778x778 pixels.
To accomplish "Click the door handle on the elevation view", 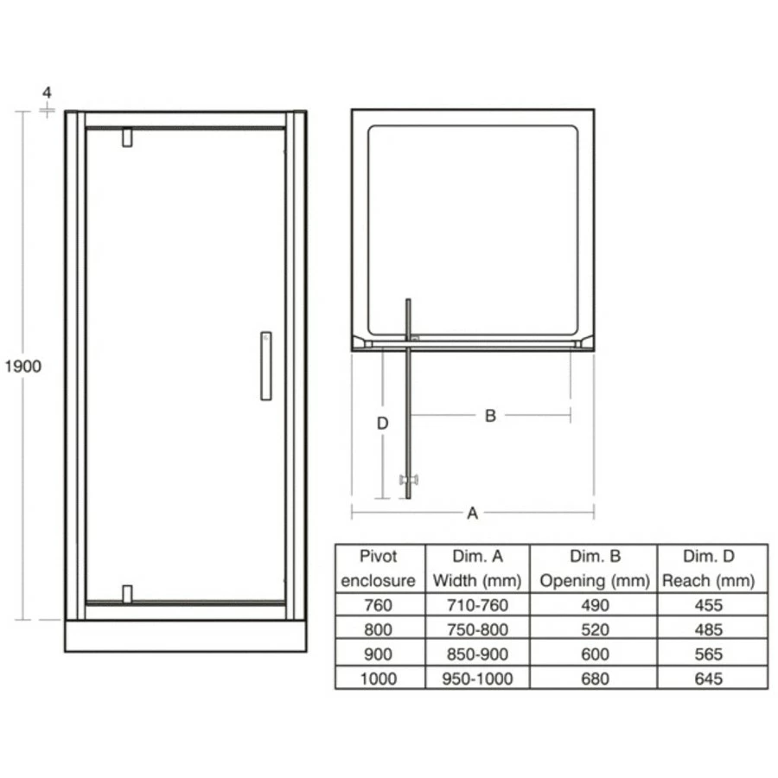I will click(265, 366).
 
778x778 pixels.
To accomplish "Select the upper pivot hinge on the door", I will click(127, 138).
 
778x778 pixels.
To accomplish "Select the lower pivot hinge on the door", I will click(127, 594).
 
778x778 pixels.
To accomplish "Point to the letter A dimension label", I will click(472, 513).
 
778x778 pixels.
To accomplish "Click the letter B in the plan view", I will click(489, 416).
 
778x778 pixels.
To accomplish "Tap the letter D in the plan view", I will click(382, 424).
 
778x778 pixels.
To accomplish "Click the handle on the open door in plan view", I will click(407, 480).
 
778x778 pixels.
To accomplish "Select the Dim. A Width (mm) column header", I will click(476, 568).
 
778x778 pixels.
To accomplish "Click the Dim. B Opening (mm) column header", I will click(594, 568).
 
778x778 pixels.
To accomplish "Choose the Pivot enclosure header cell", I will click(379, 568).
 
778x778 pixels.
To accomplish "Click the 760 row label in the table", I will click(379, 605).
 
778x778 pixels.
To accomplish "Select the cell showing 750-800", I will click(476, 630).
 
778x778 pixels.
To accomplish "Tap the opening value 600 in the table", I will click(594, 654).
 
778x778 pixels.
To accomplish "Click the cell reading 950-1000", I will click(476, 679).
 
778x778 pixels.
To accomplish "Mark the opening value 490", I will click(594, 605).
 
